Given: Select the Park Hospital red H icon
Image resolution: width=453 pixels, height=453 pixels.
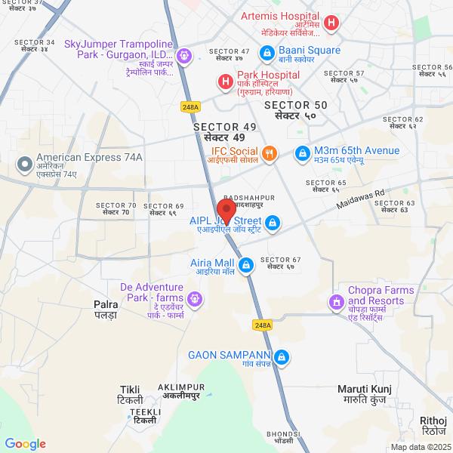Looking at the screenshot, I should coord(224,81).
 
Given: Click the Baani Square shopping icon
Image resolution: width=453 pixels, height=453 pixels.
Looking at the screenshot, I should coord(266,53).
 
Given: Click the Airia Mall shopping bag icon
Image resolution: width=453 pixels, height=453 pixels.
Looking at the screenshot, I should coord(245,265).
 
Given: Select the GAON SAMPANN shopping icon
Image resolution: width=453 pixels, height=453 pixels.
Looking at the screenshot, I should coord(282,356).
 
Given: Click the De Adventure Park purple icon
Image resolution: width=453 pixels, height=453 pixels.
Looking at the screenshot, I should coord(196,298).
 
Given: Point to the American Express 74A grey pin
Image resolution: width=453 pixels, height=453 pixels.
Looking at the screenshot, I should coord(24,164).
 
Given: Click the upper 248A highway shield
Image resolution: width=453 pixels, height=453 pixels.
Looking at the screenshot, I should coord(190,107).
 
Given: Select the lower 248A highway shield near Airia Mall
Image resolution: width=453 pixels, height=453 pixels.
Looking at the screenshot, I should coord(263,325).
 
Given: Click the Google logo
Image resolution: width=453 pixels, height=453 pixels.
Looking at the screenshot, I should coord(25,445).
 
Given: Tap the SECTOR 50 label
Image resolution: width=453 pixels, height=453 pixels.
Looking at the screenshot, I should coord(296,110).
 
